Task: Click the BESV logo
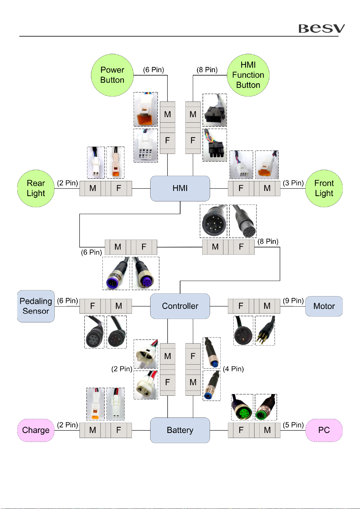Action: tap(321, 28)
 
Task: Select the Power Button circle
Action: tap(112, 75)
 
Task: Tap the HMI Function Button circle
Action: tap(248, 75)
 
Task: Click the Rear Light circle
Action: tap(36, 188)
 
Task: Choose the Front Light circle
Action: tap(324, 188)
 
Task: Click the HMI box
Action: tap(180, 188)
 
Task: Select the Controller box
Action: tap(180, 306)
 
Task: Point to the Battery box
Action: tap(180, 430)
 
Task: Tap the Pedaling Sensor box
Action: tap(36, 306)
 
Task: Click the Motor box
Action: tap(324, 306)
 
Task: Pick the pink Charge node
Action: tap(36, 430)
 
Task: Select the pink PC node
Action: tap(324, 430)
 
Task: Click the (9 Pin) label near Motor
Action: tap(293, 301)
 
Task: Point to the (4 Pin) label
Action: tap(233, 369)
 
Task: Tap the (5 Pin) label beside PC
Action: tap(293, 425)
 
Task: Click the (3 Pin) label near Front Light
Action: tap(293, 183)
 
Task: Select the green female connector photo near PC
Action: tap(242, 407)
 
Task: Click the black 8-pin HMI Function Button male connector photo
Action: tap(215, 110)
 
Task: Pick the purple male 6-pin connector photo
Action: tap(116, 273)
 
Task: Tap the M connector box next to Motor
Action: tap(267, 306)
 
